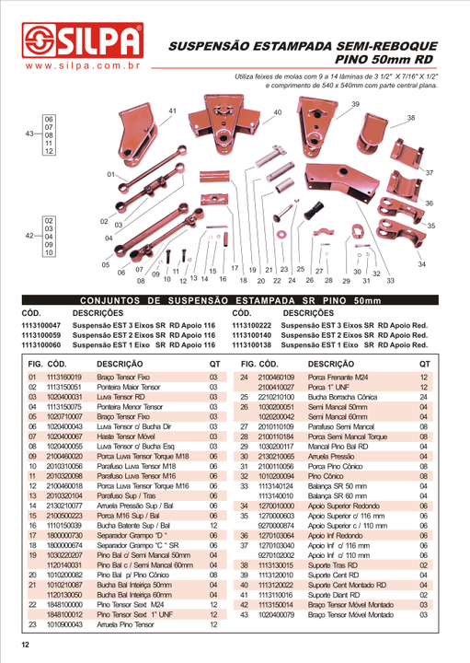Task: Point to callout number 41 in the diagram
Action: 172,111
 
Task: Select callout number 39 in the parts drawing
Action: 356,105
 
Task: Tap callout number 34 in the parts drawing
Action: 421,264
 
